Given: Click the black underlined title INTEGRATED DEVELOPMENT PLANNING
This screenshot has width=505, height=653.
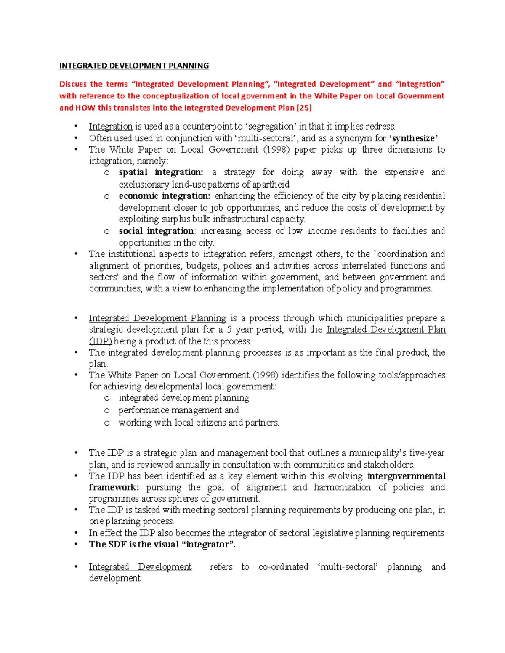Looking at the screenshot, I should point(134,66).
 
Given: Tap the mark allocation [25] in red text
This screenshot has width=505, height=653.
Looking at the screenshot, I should point(304,108).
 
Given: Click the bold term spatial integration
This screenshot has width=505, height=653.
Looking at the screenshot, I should point(161,172).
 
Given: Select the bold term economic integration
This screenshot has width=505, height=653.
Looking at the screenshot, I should point(164,196).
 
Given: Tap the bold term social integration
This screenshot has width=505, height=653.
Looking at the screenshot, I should point(156,231).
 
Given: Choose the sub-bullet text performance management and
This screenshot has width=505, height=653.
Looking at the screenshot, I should point(178,410).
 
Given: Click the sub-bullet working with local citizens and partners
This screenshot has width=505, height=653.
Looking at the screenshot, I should point(199,423).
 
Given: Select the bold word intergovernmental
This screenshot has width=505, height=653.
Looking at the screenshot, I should point(406,476).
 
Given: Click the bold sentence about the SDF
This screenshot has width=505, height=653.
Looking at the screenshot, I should point(162,545).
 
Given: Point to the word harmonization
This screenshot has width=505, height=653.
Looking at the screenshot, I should point(342,487).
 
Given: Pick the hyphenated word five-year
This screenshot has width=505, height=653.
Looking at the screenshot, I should point(427,453).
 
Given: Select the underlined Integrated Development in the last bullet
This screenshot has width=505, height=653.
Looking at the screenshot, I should point(140,567).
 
